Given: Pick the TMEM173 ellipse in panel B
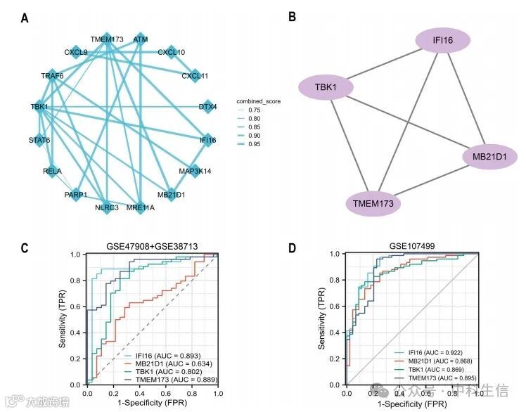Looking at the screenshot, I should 373,204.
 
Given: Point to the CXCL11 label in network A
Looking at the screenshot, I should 195,75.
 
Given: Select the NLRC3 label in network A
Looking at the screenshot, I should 106,207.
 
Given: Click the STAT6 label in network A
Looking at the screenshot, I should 39,141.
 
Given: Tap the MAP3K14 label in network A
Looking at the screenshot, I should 195,171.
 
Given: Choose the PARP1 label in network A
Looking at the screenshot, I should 76,194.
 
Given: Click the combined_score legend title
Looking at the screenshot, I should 259,102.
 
